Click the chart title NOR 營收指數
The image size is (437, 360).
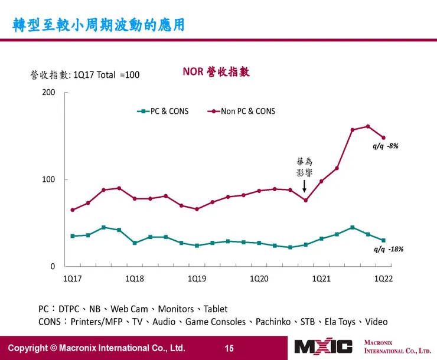pyautogui.click(x=216, y=72)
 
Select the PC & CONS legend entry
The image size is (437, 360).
pyautogui.click(x=162, y=111)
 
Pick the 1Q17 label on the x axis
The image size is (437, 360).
pyautogui.click(x=73, y=279)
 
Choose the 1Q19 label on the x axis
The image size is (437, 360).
pyautogui.click(x=197, y=279)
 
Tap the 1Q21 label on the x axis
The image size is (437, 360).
pyautogui.click(x=321, y=279)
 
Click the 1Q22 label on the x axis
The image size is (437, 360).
pyautogui.click(x=383, y=279)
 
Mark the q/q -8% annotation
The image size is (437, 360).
pyautogui.click(x=386, y=146)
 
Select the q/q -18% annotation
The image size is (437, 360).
pyautogui.click(x=389, y=249)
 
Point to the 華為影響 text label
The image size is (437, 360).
pyautogui.click(x=304, y=166)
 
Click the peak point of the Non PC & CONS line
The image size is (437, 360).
pyautogui.click(x=368, y=126)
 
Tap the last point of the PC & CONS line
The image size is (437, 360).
pyautogui.click(x=383, y=240)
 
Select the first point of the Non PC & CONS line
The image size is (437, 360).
pyautogui.click(x=73, y=210)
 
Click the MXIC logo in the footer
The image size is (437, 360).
pyautogui.click(x=324, y=347)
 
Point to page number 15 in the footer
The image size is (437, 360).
pyautogui.click(x=229, y=348)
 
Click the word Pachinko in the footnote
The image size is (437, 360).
pyautogui.click(x=275, y=322)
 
